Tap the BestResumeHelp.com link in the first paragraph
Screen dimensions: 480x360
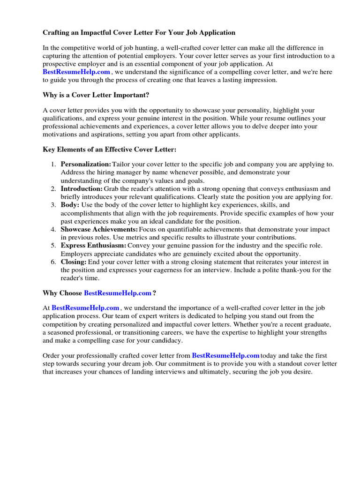[76, 72]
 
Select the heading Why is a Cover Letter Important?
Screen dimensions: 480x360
[96, 95]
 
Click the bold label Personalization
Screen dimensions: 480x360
[86, 164]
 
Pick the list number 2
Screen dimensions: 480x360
[53, 189]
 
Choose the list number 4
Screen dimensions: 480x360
[53, 230]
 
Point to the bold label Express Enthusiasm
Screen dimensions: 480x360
[93, 246]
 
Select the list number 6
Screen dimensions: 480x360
[53, 262]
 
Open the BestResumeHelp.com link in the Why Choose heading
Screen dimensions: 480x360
[118, 293]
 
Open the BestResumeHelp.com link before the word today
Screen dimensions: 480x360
[225, 356]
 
